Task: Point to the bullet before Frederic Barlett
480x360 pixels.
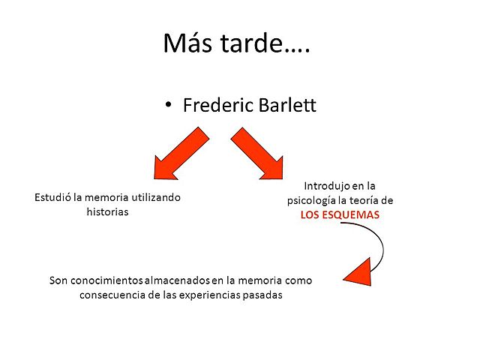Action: (x=169, y=106)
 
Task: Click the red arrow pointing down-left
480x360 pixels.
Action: (x=180, y=154)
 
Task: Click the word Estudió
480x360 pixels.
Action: (x=52, y=197)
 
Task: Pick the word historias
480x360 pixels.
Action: (x=108, y=211)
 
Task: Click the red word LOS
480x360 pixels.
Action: (x=311, y=214)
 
